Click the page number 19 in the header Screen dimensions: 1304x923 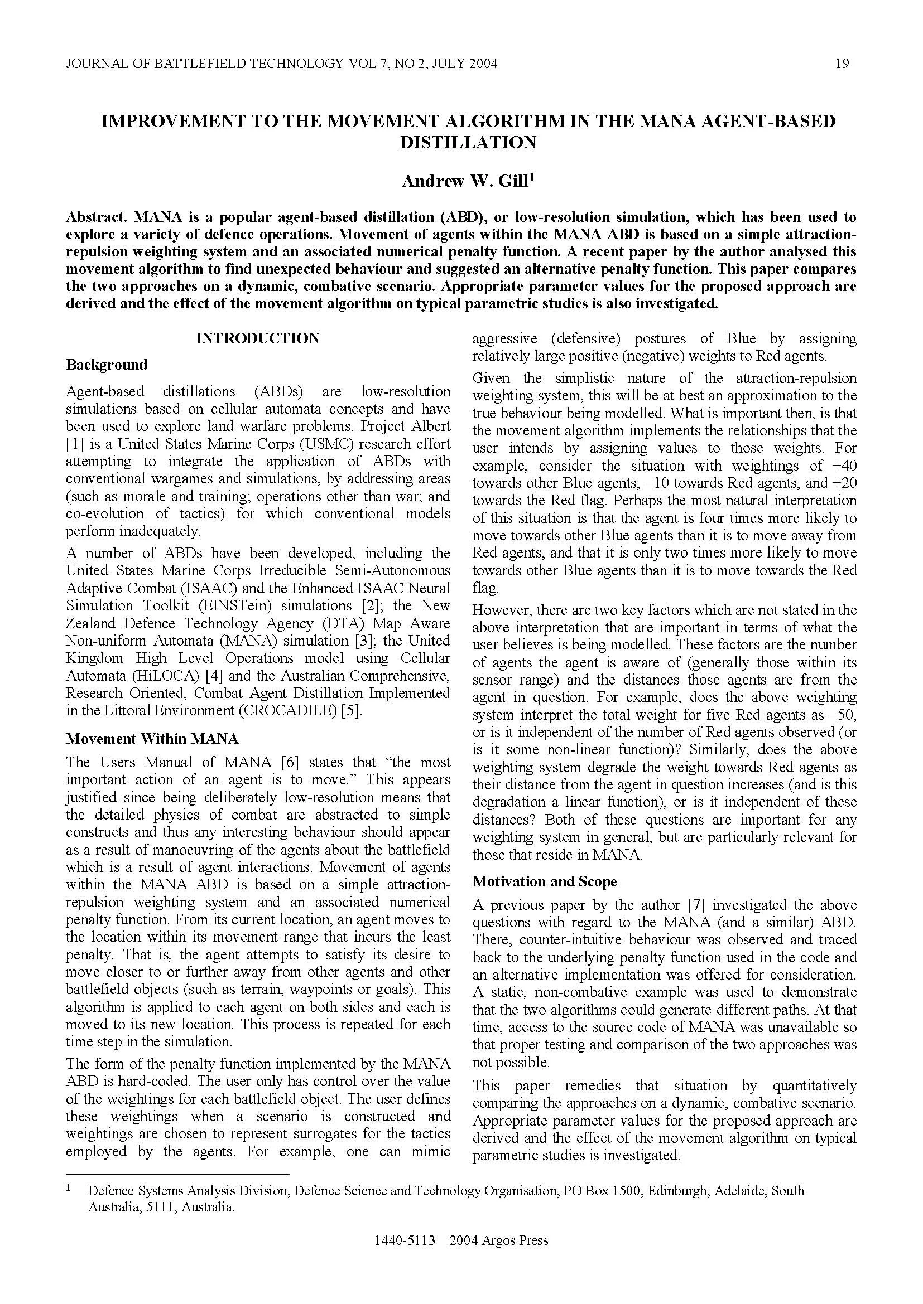(x=843, y=64)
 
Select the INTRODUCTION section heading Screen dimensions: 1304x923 (x=257, y=338)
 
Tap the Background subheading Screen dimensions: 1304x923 (x=106, y=365)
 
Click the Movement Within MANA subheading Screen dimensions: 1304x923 (x=152, y=738)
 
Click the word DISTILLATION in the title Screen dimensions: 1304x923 (x=468, y=142)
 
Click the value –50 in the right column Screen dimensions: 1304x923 (x=843, y=715)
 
